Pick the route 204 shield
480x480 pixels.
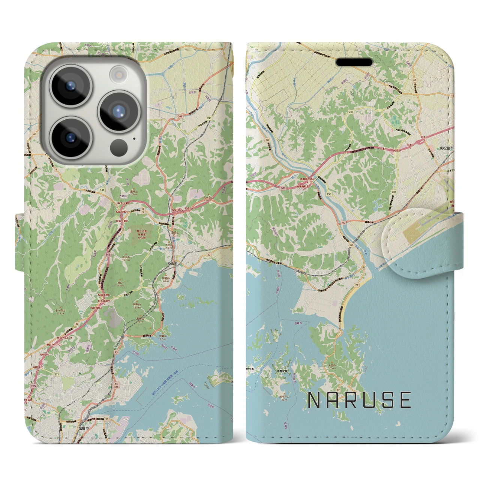tap(351, 112)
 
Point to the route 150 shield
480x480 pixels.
tap(329, 194)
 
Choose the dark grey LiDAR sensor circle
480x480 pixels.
tap(119, 145)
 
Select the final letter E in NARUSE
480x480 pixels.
tap(406, 400)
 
